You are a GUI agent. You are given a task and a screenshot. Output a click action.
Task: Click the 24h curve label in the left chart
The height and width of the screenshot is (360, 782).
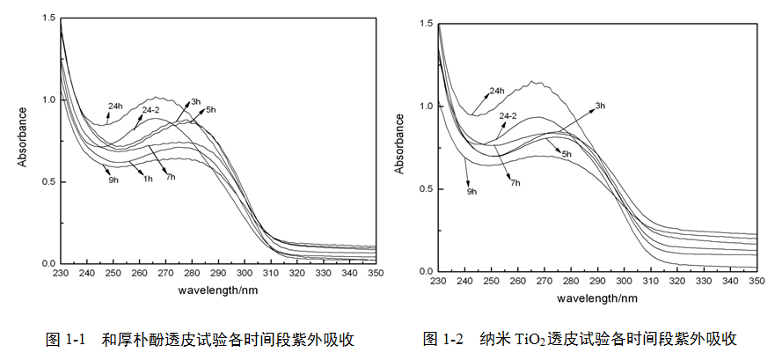[115, 107]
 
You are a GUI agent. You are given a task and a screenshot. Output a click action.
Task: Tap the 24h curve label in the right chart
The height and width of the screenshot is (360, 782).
[496, 91]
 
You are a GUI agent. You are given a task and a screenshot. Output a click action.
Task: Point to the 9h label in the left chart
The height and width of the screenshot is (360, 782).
[113, 180]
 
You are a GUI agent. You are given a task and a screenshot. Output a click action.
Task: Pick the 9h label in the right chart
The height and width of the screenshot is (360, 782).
[471, 191]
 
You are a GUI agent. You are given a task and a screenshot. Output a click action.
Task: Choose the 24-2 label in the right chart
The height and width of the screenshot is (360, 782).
[509, 115]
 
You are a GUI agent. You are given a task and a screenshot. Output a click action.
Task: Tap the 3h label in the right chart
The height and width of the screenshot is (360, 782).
[601, 106]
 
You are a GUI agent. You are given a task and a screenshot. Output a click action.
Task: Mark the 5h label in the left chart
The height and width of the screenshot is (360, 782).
[210, 110]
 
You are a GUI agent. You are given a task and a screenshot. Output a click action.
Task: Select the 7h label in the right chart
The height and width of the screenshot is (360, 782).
[514, 182]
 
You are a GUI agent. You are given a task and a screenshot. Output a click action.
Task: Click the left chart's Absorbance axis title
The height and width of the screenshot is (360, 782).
[24, 140]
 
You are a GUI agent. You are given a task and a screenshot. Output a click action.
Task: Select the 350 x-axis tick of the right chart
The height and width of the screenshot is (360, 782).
[756, 280]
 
